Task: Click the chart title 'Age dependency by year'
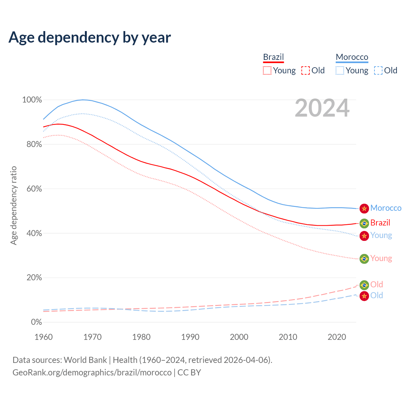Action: pyautogui.click(x=90, y=37)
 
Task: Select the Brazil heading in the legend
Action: pyautogui.click(x=273, y=57)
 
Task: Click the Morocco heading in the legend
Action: pyautogui.click(x=352, y=57)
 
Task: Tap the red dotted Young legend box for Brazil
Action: pyautogui.click(x=267, y=70)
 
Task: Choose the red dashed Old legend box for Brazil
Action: pyautogui.click(x=306, y=70)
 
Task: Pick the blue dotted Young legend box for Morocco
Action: pyautogui.click(x=340, y=70)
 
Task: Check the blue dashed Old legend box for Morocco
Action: pyautogui.click(x=378, y=70)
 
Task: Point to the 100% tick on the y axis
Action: pyautogui.click(x=32, y=100)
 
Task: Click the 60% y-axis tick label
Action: pyautogui.click(x=34, y=189)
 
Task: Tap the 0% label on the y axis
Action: pyautogui.click(x=36, y=322)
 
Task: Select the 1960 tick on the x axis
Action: pyautogui.click(x=44, y=337)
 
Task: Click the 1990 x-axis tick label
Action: pyautogui.click(x=190, y=337)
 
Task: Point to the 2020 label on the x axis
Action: pyautogui.click(x=337, y=337)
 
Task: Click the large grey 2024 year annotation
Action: pyautogui.click(x=322, y=108)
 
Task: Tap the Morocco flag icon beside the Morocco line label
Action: pyautogui.click(x=364, y=208)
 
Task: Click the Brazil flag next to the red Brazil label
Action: pyautogui.click(x=364, y=223)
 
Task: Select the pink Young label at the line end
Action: pyautogui.click(x=381, y=258)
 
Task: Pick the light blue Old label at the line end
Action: pyautogui.click(x=377, y=295)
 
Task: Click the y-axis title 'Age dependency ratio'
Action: pyautogui.click(x=13, y=205)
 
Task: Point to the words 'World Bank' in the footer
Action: pyautogui.click(x=85, y=360)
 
